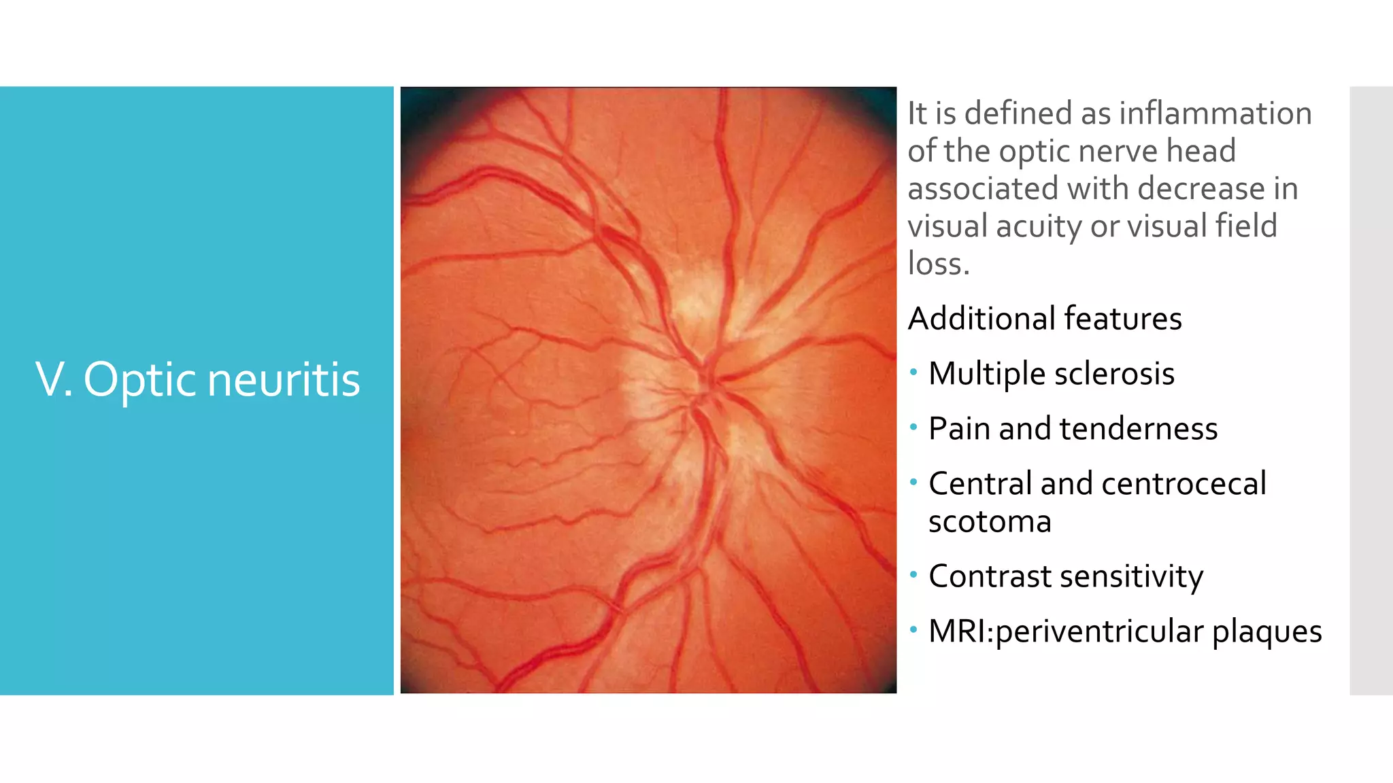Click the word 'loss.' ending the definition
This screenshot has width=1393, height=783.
(x=939, y=264)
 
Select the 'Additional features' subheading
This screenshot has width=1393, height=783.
(x=1045, y=319)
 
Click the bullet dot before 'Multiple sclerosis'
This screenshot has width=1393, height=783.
(x=913, y=372)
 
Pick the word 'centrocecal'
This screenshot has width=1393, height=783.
(x=1184, y=484)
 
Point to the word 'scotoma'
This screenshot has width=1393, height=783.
(x=990, y=522)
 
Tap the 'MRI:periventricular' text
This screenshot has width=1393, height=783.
(x=1066, y=631)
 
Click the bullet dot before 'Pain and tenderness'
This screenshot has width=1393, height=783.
(x=913, y=428)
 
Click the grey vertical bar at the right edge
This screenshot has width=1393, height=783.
(x=1371, y=391)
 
